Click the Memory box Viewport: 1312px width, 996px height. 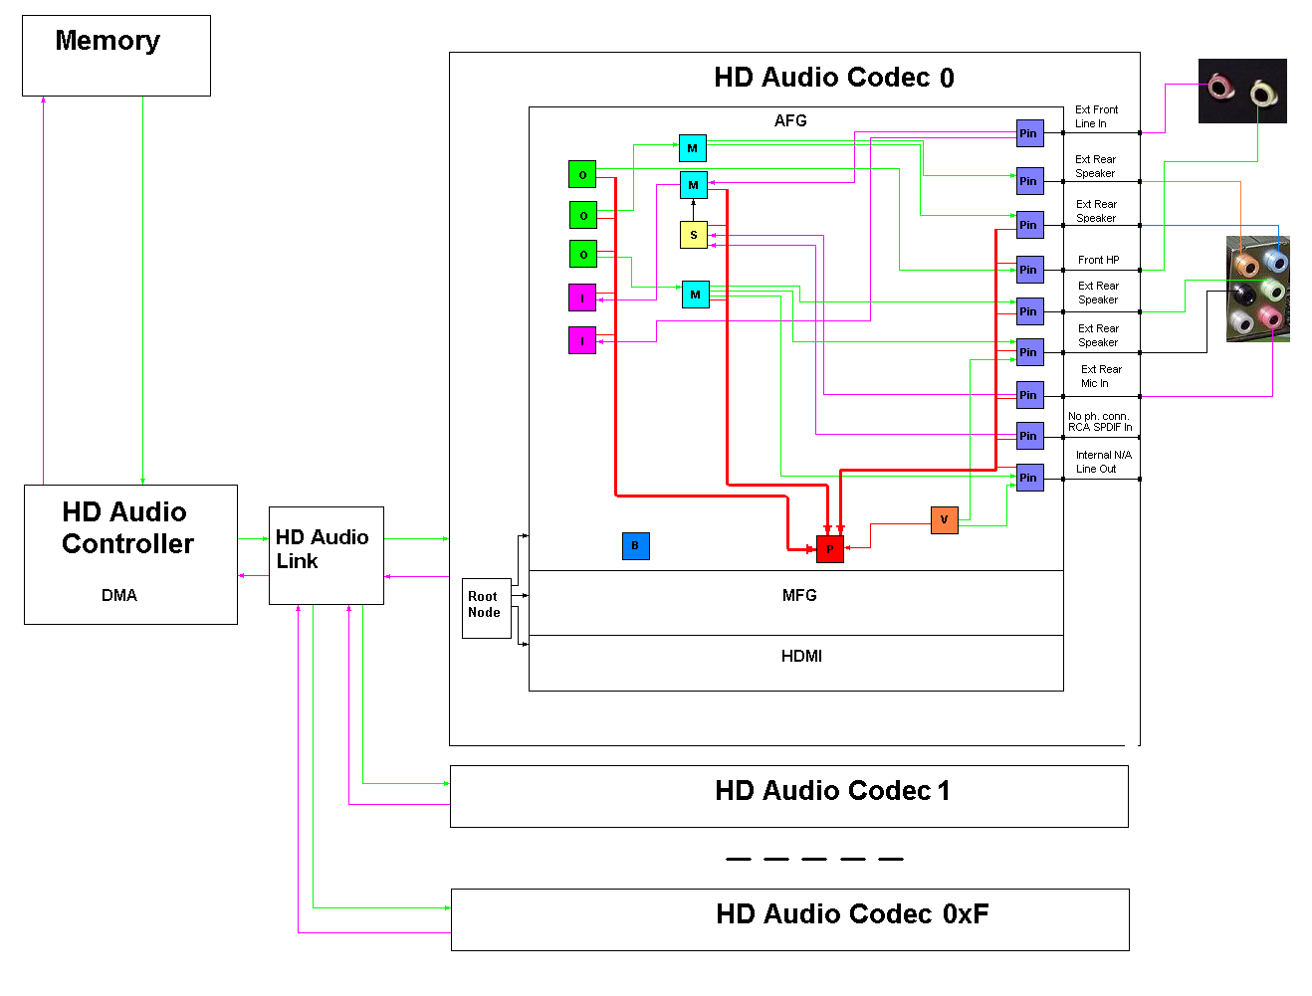(116, 56)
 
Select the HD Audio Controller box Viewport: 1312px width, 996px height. (130, 554)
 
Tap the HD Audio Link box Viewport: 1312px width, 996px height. (326, 555)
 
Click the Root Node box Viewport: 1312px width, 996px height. (486, 607)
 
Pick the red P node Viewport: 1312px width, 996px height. (830, 549)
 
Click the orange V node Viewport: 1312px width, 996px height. (944, 519)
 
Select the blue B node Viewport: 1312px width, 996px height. (635, 545)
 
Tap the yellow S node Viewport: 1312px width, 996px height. (693, 235)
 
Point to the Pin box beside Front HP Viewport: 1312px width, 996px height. (1029, 270)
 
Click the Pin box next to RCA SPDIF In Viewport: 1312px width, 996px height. (1029, 436)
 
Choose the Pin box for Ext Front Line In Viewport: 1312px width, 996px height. (1029, 133)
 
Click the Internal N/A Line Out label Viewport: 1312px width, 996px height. (1102, 462)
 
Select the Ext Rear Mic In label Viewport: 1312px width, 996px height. (1100, 376)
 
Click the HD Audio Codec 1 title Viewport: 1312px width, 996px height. (832, 791)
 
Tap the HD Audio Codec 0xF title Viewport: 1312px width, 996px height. (852, 914)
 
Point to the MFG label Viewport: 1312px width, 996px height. (799, 595)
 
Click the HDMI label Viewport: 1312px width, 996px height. (801, 656)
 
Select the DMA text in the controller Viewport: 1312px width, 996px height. (119, 595)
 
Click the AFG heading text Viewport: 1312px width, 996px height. (790, 120)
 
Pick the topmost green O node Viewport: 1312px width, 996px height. (582, 175)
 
